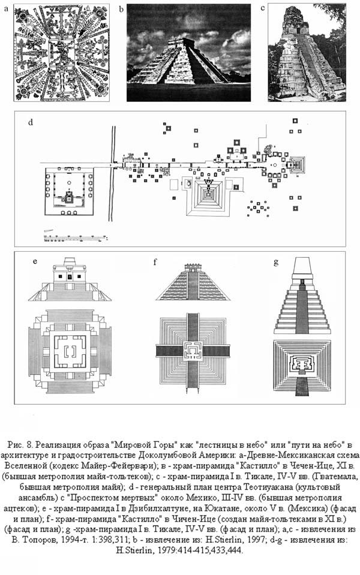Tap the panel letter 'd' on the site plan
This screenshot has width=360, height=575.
coord(31,122)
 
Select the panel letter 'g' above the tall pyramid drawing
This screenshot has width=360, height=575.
coord(276,262)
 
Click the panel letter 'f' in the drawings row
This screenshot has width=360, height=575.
coord(155,262)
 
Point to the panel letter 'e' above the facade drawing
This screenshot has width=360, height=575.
coord(35,262)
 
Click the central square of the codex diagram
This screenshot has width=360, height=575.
coord(62,53)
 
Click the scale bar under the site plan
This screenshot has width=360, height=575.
coord(76,237)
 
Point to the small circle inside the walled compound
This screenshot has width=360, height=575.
coord(68,182)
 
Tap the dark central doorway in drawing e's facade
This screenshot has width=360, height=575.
coord(69,276)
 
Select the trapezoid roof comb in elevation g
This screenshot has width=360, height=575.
coord(302,266)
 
